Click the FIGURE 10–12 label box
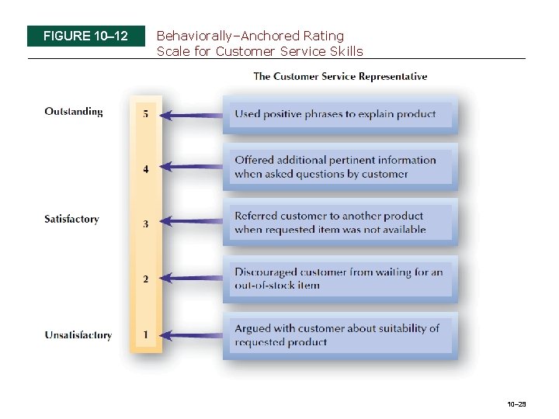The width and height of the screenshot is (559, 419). click(x=85, y=36)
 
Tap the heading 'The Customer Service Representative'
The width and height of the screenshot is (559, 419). click(x=340, y=76)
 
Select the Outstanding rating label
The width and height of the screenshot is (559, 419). click(x=74, y=112)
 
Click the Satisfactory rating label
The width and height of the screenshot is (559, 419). click(x=71, y=220)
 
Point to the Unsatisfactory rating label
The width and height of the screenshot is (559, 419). click(x=78, y=335)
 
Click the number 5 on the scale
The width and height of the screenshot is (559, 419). click(x=146, y=114)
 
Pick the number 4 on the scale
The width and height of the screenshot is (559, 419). click(x=146, y=168)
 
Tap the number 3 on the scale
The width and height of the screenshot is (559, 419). click(x=146, y=224)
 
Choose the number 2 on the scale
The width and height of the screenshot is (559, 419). click(x=146, y=279)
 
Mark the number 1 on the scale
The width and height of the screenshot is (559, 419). click(x=146, y=335)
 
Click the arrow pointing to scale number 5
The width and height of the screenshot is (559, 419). click(x=194, y=115)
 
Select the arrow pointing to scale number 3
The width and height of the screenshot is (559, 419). click(x=194, y=223)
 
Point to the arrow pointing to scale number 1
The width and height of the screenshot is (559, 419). click(x=194, y=335)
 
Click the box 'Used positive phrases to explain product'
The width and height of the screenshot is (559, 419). click(x=340, y=114)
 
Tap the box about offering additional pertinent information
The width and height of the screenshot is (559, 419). click(x=340, y=167)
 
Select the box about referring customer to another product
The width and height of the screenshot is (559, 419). click(x=340, y=223)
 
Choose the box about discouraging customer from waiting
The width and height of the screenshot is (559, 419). click(x=340, y=279)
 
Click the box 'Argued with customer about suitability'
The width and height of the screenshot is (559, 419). click(x=340, y=335)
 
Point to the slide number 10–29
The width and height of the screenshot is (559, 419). click(x=516, y=404)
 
